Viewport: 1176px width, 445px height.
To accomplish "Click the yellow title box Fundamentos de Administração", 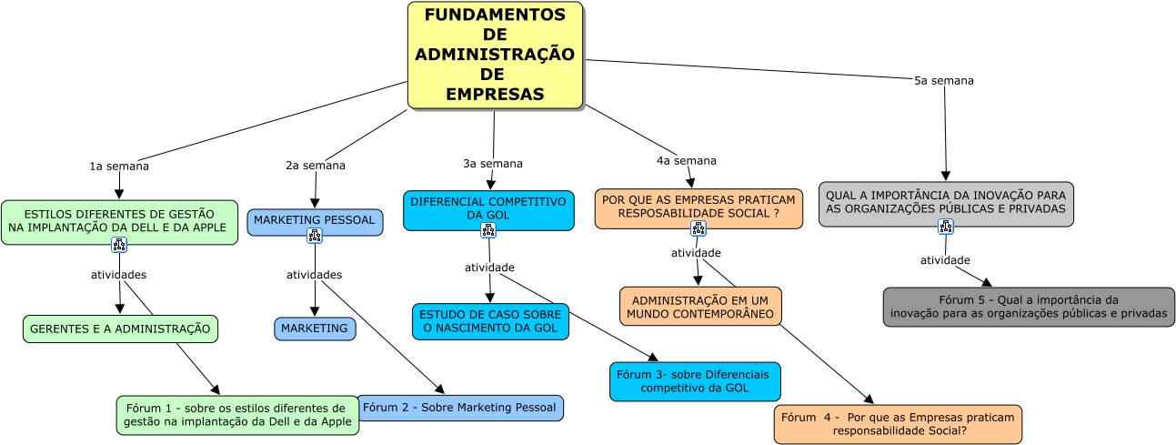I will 495,55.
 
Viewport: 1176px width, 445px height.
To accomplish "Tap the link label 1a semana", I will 119,167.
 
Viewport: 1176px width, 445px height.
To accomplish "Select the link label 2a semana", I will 316,166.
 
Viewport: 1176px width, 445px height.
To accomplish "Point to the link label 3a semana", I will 493,164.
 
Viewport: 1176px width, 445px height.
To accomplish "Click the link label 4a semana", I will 687,161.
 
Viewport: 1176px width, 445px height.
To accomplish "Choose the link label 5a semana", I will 944,80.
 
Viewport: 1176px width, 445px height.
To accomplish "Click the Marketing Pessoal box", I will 315,220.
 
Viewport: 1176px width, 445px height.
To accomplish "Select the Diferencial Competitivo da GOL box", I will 488,207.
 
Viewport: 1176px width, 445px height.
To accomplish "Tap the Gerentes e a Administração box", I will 120,329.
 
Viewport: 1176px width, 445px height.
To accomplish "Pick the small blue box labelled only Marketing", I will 315,328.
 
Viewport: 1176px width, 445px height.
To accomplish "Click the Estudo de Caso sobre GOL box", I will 490,321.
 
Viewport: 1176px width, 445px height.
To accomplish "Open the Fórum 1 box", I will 237,415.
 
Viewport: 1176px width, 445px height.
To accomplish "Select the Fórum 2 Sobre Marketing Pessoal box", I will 459,408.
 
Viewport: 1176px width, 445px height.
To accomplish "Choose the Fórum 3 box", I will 695,381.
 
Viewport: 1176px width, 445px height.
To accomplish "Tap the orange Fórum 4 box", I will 898,424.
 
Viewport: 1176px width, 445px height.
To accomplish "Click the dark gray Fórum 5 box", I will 1029,307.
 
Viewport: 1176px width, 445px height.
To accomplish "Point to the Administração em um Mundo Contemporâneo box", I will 700,307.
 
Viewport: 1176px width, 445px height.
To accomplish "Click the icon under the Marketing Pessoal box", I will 315,236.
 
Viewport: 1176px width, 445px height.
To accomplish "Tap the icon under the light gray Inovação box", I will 946,227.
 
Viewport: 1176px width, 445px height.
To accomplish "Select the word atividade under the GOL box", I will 489,268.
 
